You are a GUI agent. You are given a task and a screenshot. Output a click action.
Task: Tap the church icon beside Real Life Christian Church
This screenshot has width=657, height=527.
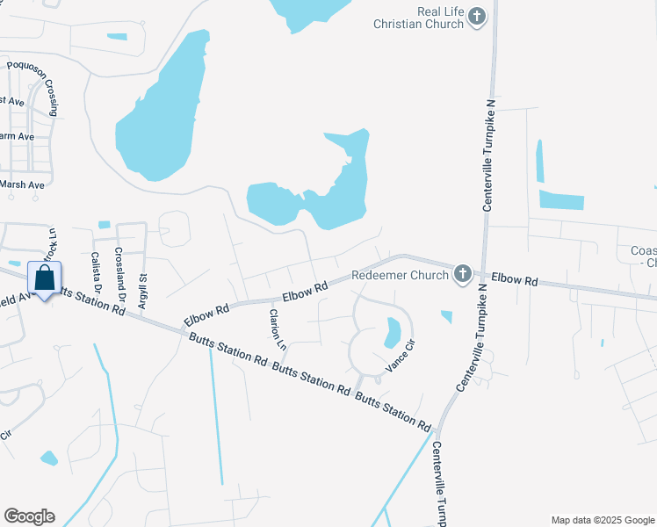pyautogui.click(x=477, y=17)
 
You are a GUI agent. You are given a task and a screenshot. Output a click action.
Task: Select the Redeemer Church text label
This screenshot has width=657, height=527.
pyautogui.click(x=400, y=275)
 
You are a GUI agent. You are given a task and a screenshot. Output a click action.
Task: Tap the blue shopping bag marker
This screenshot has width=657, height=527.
pyautogui.click(x=44, y=279)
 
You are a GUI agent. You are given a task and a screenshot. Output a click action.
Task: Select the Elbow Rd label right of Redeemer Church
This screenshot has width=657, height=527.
pyautogui.click(x=515, y=278)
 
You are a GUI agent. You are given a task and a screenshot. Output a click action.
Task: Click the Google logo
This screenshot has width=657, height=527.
pyautogui.click(x=29, y=516)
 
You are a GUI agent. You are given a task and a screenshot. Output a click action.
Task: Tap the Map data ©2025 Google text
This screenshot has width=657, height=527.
pyautogui.click(x=602, y=520)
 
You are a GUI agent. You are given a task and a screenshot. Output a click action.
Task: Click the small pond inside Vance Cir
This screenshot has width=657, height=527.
pyautogui.click(x=393, y=332)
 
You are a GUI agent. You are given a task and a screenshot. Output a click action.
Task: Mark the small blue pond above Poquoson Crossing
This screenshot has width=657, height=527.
pyautogui.click(x=116, y=37)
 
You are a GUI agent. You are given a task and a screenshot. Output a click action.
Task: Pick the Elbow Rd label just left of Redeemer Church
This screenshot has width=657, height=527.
pyautogui.click(x=306, y=290)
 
